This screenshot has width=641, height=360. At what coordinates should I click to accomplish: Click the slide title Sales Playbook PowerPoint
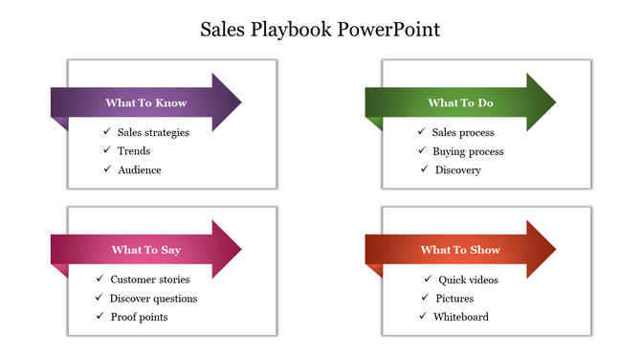tap(320, 29)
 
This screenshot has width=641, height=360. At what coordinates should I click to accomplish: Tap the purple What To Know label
tap(145, 102)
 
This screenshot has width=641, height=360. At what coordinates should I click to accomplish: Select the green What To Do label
tap(460, 102)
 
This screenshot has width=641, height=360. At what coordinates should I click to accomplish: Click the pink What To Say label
tap(145, 250)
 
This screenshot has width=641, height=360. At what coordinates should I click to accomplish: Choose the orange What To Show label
tap(460, 250)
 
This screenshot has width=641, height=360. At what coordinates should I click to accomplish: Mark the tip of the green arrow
tap(554, 102)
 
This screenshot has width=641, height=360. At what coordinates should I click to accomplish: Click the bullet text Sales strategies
tap(153, 132)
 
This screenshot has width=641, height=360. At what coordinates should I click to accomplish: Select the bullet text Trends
tap(134, 151)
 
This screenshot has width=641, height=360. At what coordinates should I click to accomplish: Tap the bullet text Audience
tap(140, 169)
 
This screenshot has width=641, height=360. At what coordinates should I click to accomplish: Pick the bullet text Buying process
tap(468, 151)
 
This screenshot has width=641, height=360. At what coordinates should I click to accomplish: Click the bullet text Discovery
tap(458, 169)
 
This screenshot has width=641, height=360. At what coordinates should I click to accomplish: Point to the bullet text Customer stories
tap(150, 280)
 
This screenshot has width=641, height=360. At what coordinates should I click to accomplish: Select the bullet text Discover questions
tap(154, 298)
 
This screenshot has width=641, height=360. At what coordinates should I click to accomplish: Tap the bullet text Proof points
tap(140, 316)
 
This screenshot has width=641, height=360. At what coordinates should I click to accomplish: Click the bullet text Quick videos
tap(468, 280)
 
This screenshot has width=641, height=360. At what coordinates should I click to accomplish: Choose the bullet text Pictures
tap(454, 298)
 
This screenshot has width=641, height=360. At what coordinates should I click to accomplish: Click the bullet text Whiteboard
tap(462, 316)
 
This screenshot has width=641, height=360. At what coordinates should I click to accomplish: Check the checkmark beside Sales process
tap(422, 132)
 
